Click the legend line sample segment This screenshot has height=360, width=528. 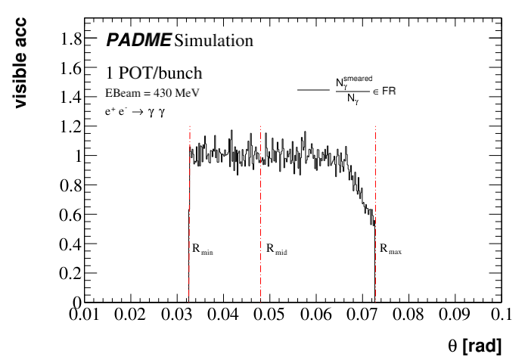click(x=312, y=90)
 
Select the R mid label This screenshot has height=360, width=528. click(x=277, y=248)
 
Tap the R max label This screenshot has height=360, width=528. click(x=390, y=248)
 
